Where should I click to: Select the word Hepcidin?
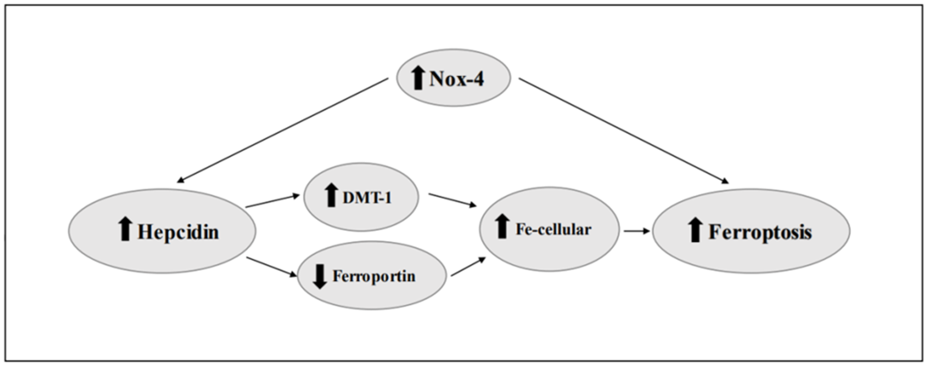click(x=178, y=232)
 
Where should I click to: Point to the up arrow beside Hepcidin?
click(x=125, y=229)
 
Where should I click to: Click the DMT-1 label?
click(x=367, y=198)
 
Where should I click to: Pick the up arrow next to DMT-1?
click(x=331, y=195)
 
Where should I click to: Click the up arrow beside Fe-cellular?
click(x=501, y=226)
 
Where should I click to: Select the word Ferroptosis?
click(x=760, y=232)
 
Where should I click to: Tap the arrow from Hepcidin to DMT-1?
click(x=272, y=201)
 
